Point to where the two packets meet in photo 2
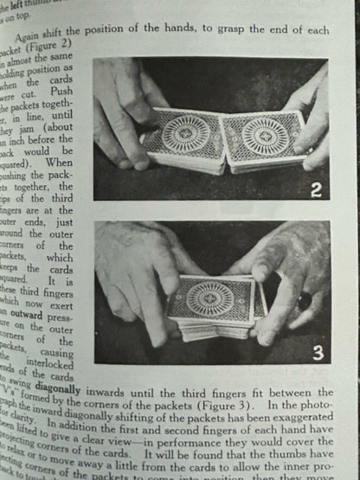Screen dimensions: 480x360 pos(221,143)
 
